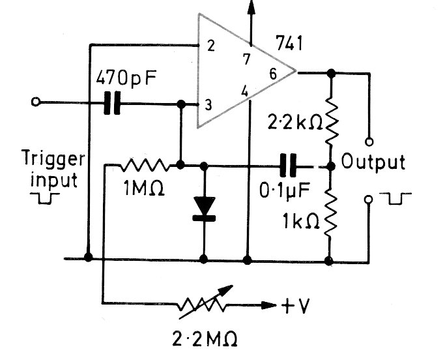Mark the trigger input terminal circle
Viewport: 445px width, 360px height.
(x=36, y=102)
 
